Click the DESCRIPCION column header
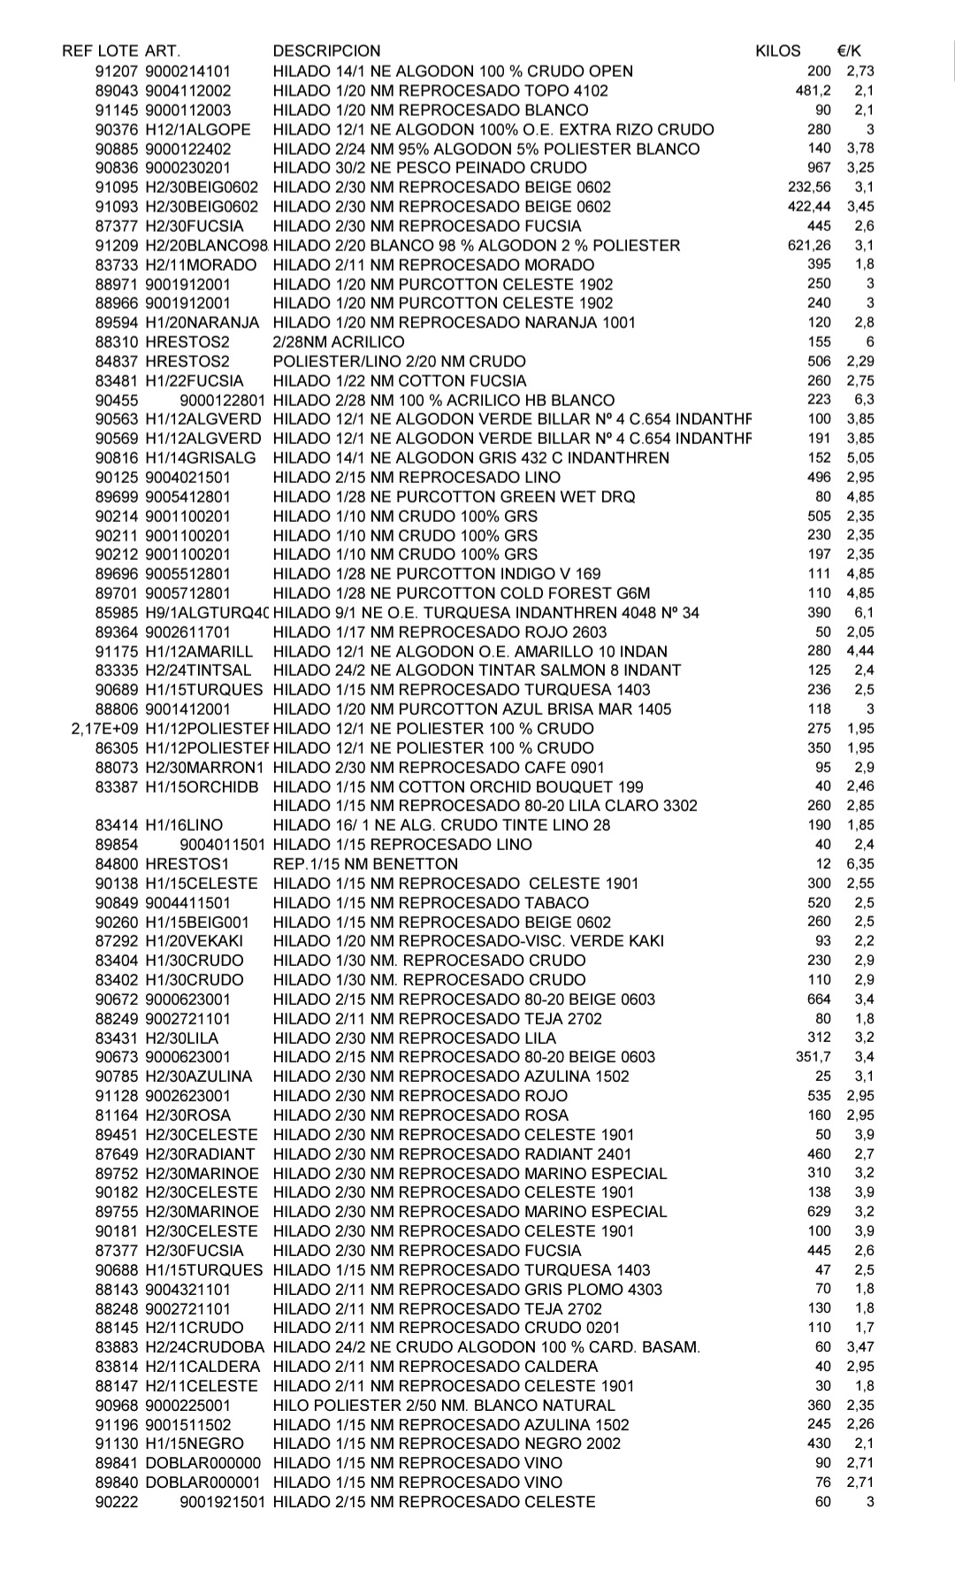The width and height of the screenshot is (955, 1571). pyautogui.click(x=326, y=51)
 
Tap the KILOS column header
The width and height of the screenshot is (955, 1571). pyautogui.click(x=777, y=51)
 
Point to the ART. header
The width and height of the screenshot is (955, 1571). pyautogui.click(x=162, y=51)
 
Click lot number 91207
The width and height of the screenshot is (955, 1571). pyautogui.click(x=117, y=71)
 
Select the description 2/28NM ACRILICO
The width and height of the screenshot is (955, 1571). pyautogui.click(x=339, y=341)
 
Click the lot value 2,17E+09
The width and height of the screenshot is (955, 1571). pyautogui.click(x=105, y=729)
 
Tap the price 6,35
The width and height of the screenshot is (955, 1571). pyautogui.click(x=859, y=864)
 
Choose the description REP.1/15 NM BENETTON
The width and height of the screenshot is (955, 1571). pyautogui.click(x=365, y=864)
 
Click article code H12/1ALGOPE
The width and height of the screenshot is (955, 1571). pyautogui.click(x=197, y=129)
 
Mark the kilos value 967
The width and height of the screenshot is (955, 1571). pyautogui.click(x=819, y=167)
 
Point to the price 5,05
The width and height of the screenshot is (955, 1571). pyautogui.click(x=859, y=457)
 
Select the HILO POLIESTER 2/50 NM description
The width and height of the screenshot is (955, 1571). pyautogui.click(x=443, y=1405)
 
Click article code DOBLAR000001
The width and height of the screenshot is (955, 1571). pyautogui.click(x=202, y=1483)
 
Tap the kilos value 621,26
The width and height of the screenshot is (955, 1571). pyautogui.click(x=809, y=245)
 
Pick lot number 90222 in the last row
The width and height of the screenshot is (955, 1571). pyautogui.click(x=117, y=1502)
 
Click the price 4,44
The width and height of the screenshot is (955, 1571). pyautogui.click(x=859, y=651)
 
